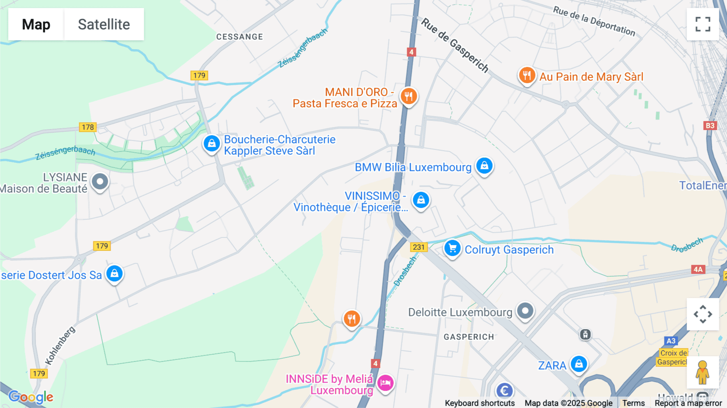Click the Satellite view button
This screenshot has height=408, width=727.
[104, 24]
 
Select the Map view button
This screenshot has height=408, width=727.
[36, 24]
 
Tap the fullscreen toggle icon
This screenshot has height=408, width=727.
[703, 24]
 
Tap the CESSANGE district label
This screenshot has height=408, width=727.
[240, 37]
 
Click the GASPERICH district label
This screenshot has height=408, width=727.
[469, 337]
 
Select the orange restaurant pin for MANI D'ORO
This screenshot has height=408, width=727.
[409, 97]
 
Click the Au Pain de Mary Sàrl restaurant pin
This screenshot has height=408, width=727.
[527, 75]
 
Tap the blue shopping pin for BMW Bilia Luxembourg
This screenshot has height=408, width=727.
[484, 166]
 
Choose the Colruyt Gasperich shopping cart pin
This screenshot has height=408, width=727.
[452, 248]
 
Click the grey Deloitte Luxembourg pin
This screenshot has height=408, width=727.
[525, 311]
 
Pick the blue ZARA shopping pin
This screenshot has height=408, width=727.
[579, 364]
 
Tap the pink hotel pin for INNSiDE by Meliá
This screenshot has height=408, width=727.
[385, 382]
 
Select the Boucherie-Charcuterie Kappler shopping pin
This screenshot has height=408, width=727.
[211, 143]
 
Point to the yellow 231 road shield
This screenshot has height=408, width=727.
[419, 247]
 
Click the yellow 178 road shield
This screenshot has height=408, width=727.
[88, 127]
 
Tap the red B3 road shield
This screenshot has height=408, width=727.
[710, 126]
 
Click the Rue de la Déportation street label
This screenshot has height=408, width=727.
[594, 21]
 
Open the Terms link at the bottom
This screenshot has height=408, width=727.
[633, 403]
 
